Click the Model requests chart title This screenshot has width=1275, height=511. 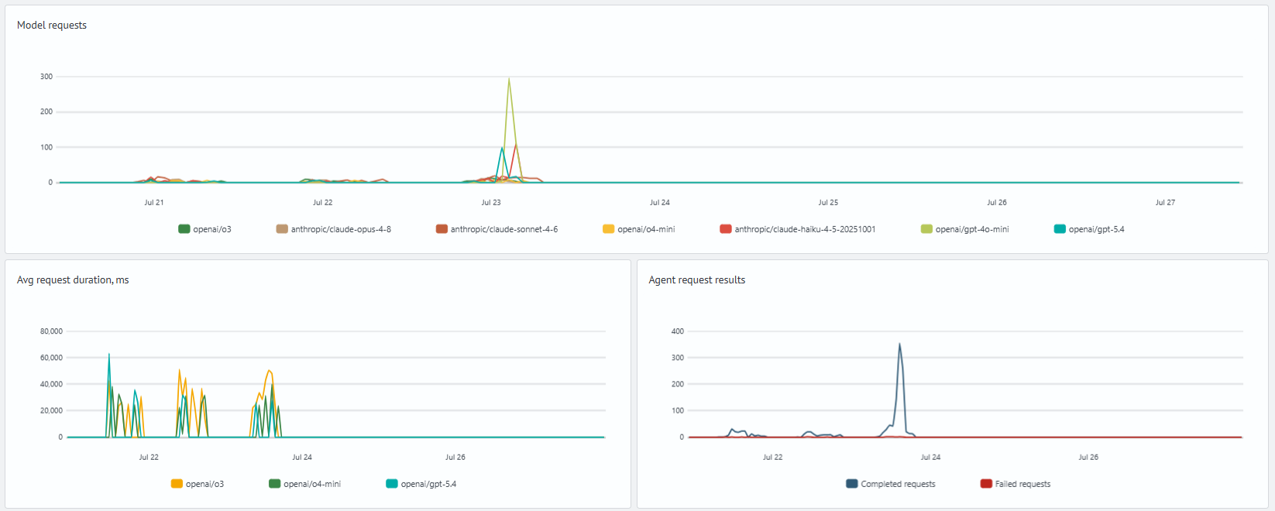pyautogui.click(x=52, y=25)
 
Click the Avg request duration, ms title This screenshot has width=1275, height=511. pyautogui.click(x=73, y=280)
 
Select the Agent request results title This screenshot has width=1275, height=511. pyautogui.click(x=696, y=280)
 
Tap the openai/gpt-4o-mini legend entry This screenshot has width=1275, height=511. pyautogui.click(x=965, y=229)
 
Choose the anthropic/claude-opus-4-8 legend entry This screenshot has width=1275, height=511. pyautogui.click(x=334, y=229)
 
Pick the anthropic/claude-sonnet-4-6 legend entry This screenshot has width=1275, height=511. pyautogui.click(x=497, y=229)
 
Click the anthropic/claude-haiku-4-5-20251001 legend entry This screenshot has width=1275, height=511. pyautogui.click(x=797, y=229)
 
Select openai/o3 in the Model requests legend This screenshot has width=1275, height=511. pyautogui.click(x=205, y=229)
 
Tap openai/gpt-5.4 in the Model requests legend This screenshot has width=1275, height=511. pyautogui.click(x=1089, y=229)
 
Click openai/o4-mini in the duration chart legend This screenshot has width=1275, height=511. pyautogui.click(x=305, y=484)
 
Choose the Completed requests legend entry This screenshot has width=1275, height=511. pyautogui.click(x=891, y=484)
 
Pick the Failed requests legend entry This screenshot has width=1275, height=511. pyautogui.click(x=1016, y=484)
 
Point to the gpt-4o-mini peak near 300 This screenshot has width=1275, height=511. pyautogui.click(x=509, y=78)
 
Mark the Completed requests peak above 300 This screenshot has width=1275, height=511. pyautogui.click(x=899, y=344)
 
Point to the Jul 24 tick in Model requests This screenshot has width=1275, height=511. pyautogui.click(x=660, y=202)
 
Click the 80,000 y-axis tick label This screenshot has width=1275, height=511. pyautogui.click(x=51, y=331)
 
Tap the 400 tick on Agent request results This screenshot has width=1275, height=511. pyautogui.click(x=677, y=331)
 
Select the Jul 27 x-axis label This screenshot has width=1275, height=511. pyautogui.click(x=1165, y=202)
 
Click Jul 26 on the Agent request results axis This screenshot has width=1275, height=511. pyautogui.click(x=1088, y=457)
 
